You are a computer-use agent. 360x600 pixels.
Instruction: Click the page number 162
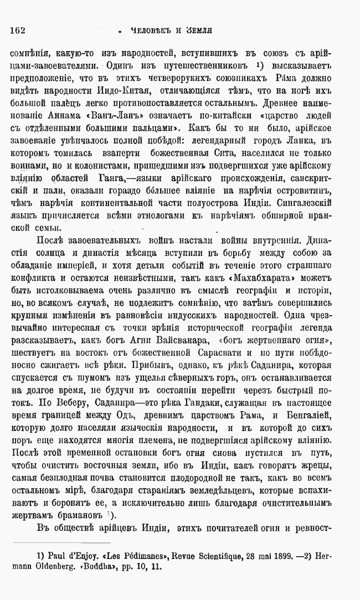click(x=18, y=30)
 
